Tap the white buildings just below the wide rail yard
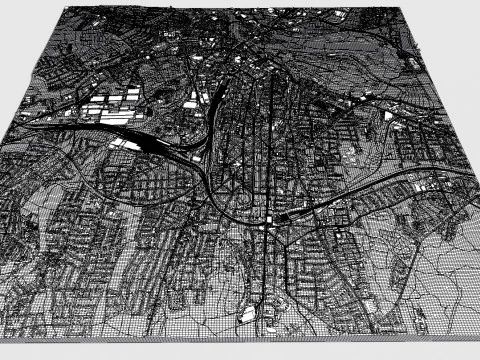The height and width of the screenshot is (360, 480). (x=124, y=143)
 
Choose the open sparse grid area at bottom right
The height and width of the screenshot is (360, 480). (x=440, y=280)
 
